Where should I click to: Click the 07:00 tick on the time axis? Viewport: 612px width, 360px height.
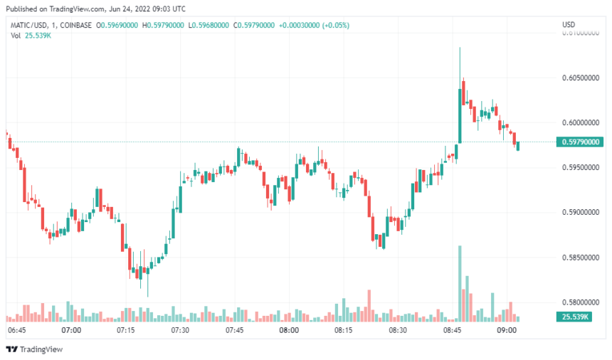(71, 330)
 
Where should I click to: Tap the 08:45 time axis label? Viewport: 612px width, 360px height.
(452, 330)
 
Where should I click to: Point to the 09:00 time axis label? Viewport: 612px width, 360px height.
(506, 330)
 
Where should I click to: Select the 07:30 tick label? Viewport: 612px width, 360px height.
(180, 330)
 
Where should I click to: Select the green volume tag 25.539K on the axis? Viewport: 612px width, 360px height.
(573, 317)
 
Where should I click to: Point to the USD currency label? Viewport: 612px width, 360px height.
(569, 25)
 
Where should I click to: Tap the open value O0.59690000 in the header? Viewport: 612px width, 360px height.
(116, 25)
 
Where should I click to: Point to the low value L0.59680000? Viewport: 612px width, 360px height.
(211, 25)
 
